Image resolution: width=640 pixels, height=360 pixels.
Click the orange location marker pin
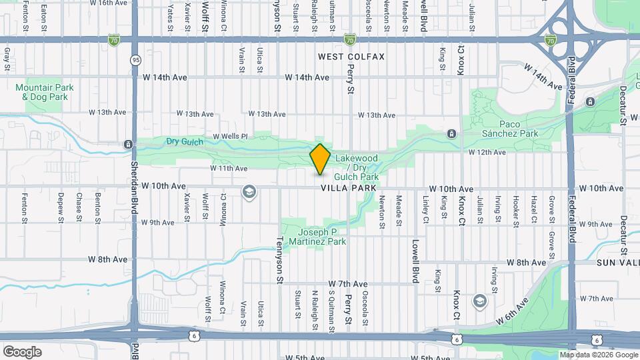[x=320, y=159]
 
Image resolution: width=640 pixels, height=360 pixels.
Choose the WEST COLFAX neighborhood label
[x=351, y=57]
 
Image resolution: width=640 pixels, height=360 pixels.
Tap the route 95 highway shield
[x=135, y=60]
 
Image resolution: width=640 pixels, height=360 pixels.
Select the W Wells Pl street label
[x=230, y=137]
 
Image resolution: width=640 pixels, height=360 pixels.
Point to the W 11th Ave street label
[x=229, y=169]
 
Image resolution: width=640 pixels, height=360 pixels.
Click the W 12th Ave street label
[x=487, y=153]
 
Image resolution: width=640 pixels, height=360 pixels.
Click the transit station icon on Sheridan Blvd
[x=128, y=144]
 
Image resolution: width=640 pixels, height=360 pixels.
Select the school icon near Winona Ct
[x=249, y=193]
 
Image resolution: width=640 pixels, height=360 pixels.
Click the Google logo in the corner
[x=22, y=351]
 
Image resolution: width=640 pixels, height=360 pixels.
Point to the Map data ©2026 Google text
[x=597, y=355]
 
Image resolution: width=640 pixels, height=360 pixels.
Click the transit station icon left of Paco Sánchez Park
[x=452, y=134]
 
